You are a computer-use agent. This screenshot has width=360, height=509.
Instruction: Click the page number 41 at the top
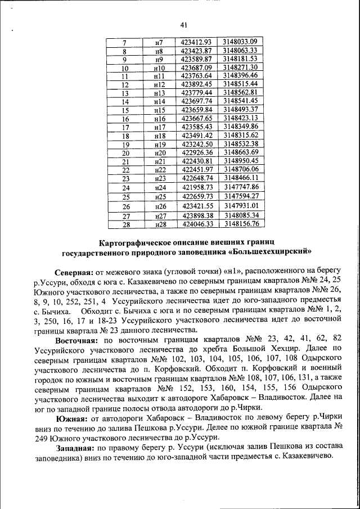click(x=183, y=24)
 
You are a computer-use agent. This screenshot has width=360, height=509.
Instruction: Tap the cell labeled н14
click(x=159, y=102)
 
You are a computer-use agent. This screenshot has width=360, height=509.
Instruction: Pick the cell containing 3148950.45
click(x=240, y=161)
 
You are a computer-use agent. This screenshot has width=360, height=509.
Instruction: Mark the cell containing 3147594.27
click(x=240, y=196)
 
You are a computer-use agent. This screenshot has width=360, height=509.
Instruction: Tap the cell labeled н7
click(x=159, y=42)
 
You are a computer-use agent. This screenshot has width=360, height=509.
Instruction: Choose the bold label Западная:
click(x=75, y=448)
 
